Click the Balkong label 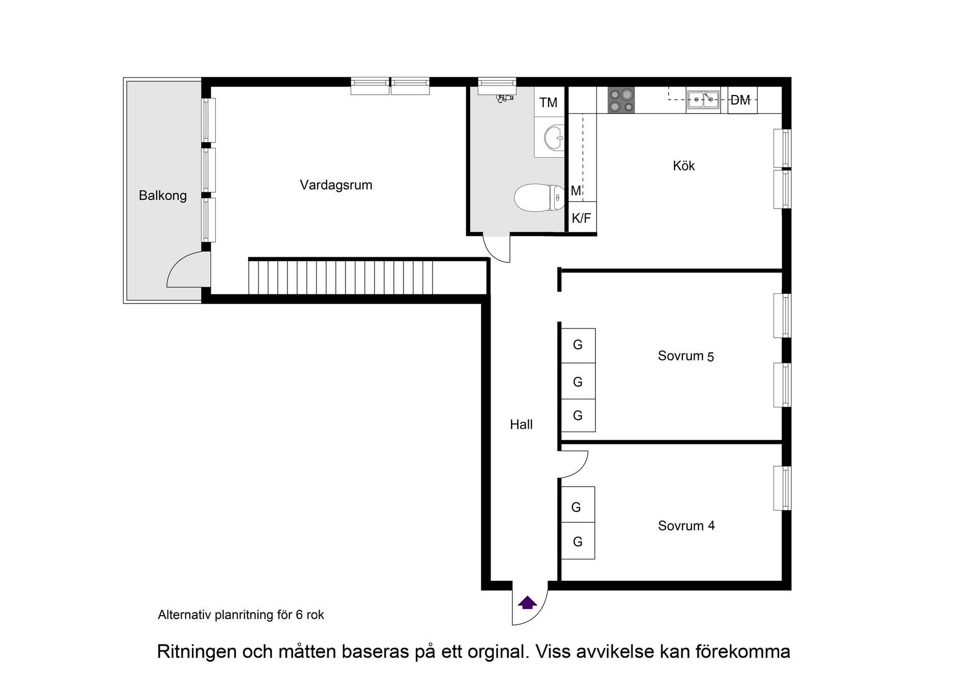coord(162,196)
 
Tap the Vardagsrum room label coord(336,185)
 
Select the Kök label coord(683,166)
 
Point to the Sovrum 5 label coord(685,356)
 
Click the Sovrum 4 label coord(686,526)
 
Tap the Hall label coord(521,425)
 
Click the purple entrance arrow coord(527,603)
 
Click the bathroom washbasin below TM coord(553,137)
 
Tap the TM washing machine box coord(549,103)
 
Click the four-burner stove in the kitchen coord(621,100)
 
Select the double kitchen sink coord(703,100)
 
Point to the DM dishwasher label coord(741,100)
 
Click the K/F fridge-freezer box coord(581,218)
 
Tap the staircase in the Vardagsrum coord(341,277)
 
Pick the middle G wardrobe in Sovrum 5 coord(578,381)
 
